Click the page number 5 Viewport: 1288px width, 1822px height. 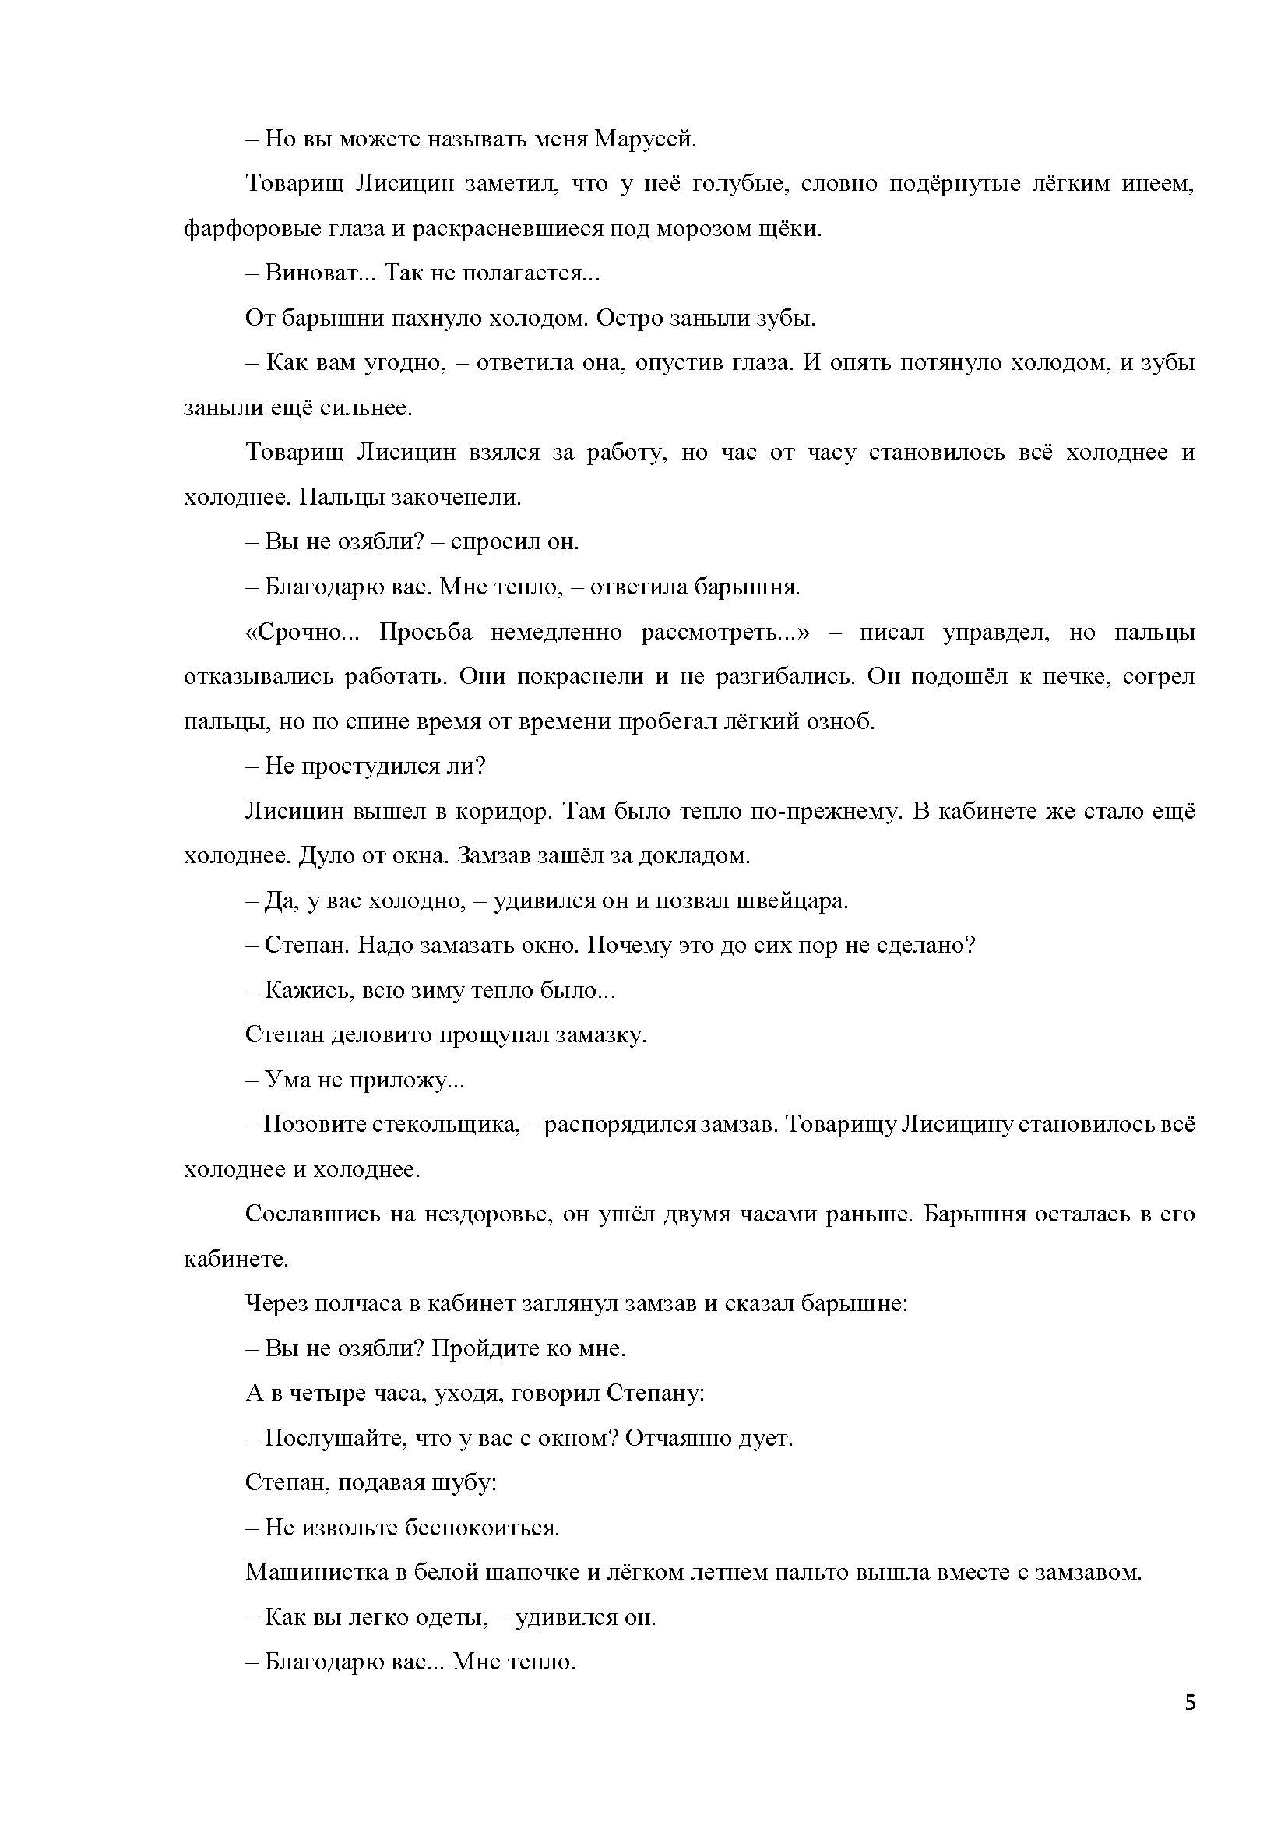pyautogui.click(x=1190, y=1703)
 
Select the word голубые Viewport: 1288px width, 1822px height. pyautogui.click(x=739, y=184)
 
